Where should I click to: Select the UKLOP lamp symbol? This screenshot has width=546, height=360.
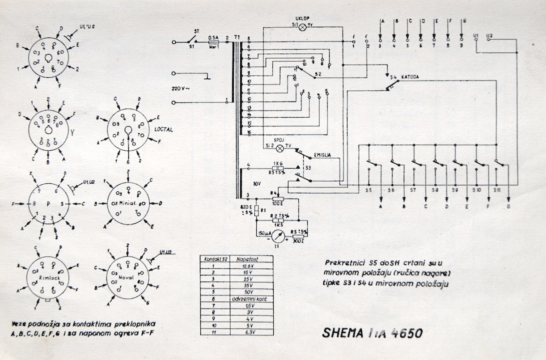(x=302, y=27)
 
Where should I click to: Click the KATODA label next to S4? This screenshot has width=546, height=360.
(x=410, y=77)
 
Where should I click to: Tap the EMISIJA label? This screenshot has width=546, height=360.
(x=322, y=155)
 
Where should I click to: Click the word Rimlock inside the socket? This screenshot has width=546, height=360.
(x=48, y=277)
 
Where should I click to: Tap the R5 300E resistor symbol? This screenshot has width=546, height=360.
(x=298, y=236)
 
